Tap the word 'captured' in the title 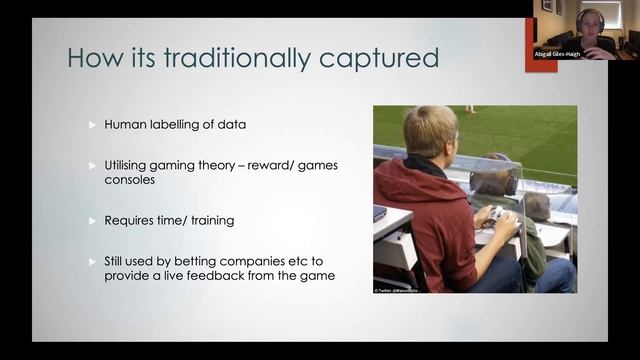(381, 57)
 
